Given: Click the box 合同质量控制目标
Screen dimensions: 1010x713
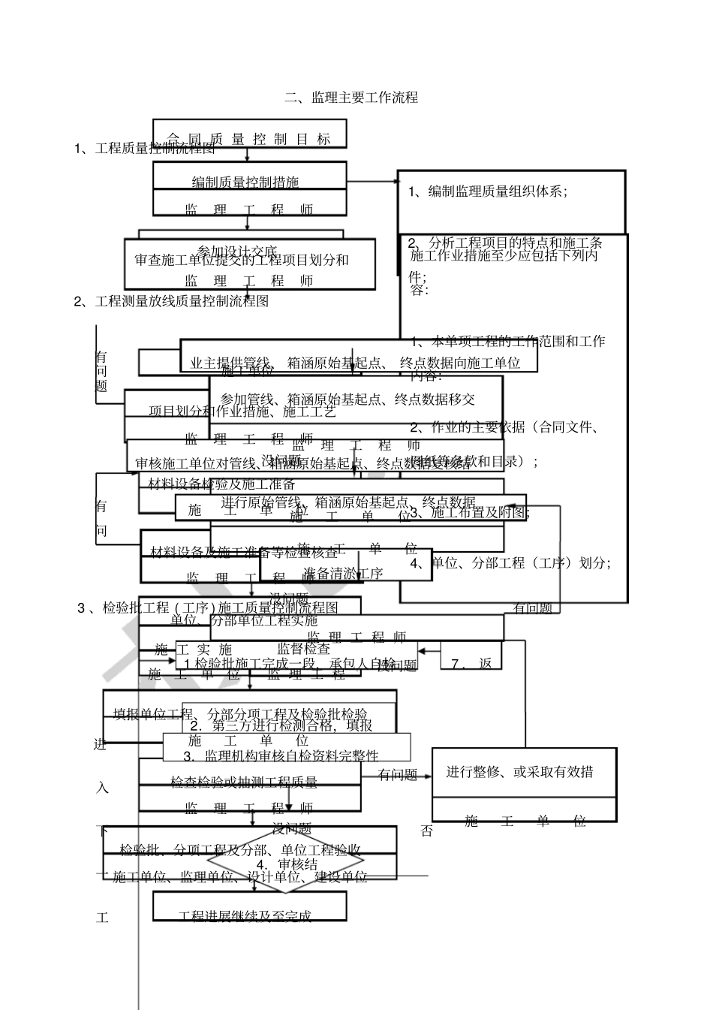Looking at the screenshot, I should coord(249,139).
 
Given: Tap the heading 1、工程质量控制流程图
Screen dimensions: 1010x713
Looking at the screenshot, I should coord(145,148).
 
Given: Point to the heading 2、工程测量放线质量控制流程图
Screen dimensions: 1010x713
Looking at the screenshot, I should coord(171,302).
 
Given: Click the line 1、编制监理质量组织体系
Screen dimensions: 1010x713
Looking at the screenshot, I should coord(488,191).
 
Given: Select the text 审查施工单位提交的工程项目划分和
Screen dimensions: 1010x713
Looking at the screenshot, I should coord(242,261).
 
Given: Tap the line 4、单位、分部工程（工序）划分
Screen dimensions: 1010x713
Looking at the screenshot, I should coord(510,562).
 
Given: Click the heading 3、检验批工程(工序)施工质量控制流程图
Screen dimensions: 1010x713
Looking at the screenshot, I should coord(208,608).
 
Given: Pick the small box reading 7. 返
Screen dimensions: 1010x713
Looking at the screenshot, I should coord(471,663).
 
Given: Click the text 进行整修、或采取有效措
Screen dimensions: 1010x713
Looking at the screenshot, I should coord(520,771).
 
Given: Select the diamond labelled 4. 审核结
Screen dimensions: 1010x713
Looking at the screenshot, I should coord(286,864).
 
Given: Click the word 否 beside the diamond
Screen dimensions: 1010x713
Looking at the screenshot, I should coord(426,832).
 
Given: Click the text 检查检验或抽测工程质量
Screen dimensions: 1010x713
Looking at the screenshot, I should coord(245,782).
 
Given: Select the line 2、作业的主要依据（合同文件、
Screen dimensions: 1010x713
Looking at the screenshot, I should coord(504,428).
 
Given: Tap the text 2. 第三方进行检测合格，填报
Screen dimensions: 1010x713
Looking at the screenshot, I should coord(281,725).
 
